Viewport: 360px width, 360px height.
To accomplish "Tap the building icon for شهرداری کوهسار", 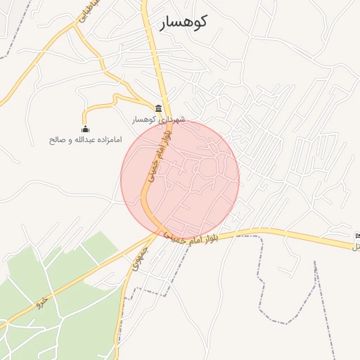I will pyautogui.click(x=159, y=108).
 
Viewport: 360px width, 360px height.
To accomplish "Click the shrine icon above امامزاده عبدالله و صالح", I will pyautogui.click(x=86, y=129).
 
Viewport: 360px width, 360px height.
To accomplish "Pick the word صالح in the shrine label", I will pyautogui.click(x=57, y=139).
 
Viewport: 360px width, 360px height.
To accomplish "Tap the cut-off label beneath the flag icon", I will pyautogui.click(x=356, y=246).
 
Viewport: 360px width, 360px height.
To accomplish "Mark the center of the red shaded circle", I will pyautogui.click(x=180, y=180).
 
